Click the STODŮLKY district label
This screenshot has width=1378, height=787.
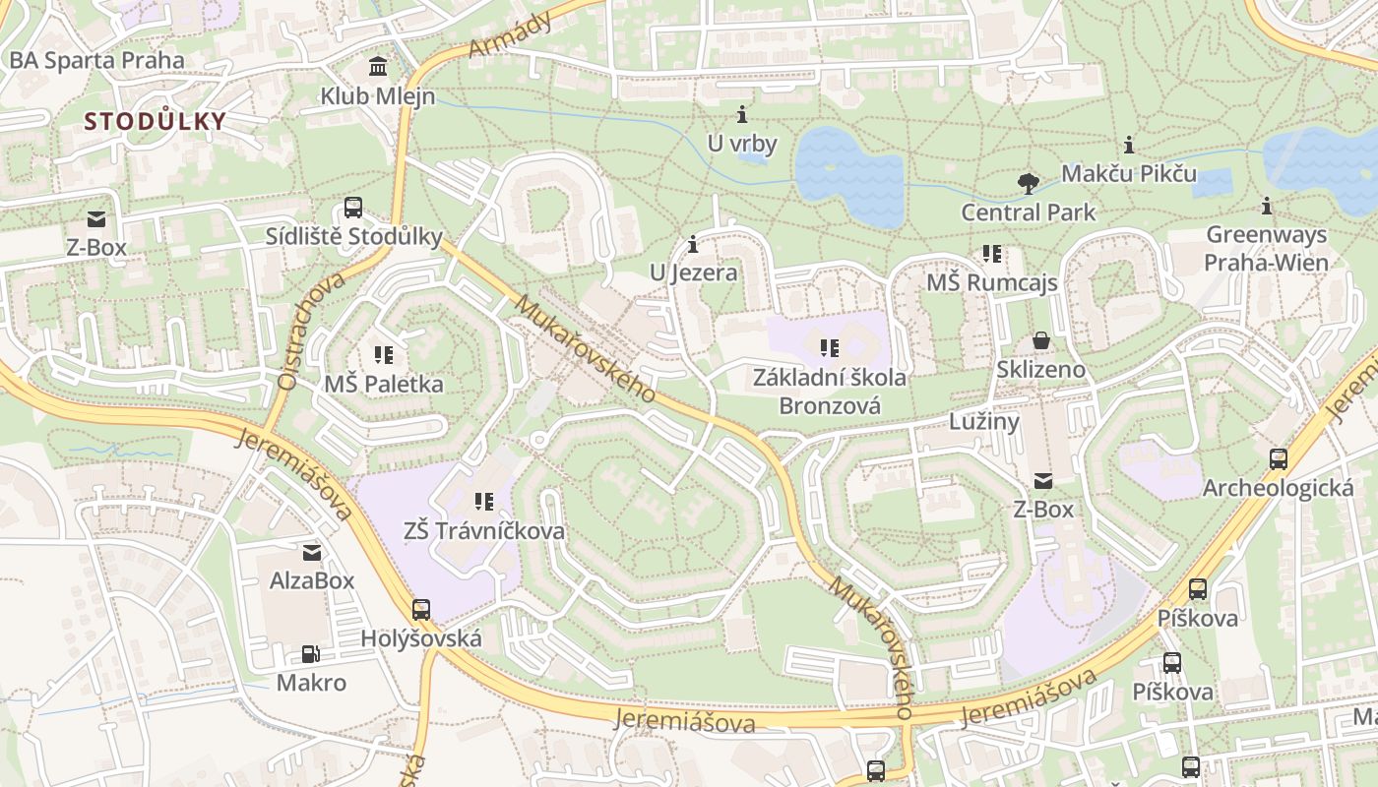click(x=156, y=122)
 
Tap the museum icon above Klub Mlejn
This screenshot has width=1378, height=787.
click(x=377, y=67)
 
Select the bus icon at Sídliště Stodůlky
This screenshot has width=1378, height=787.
click(x=353, y=208)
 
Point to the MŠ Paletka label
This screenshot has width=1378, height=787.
click(x=384, y=384)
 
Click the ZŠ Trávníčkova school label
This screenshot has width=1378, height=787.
click(x=484, y=531)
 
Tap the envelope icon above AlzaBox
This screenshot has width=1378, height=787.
click(x=312, y=552)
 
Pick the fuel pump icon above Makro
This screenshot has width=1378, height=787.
click(x=310, y=654)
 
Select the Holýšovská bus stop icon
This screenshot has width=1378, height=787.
click(x=421, y=610)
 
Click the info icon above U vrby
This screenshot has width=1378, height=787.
click(x=742, y=114)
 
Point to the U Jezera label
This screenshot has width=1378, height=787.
click(x=693, y=272)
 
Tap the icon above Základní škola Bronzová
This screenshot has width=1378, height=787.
click(x=830, y=347)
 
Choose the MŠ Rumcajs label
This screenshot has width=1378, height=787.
click(x=992, y=283)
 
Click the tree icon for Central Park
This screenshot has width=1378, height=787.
click(x=1028, y=183)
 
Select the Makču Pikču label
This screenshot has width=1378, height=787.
click(x=1128, y=174)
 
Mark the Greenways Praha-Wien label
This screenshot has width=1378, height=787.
click(x=1266, y=249)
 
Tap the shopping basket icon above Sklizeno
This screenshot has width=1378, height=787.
click(x=1040, y=341)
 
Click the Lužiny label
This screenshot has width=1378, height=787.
click(x=983, y=422)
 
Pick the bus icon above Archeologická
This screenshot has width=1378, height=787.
click(x=1278, y=458)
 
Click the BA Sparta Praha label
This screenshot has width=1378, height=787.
click(x=96, y=60)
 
